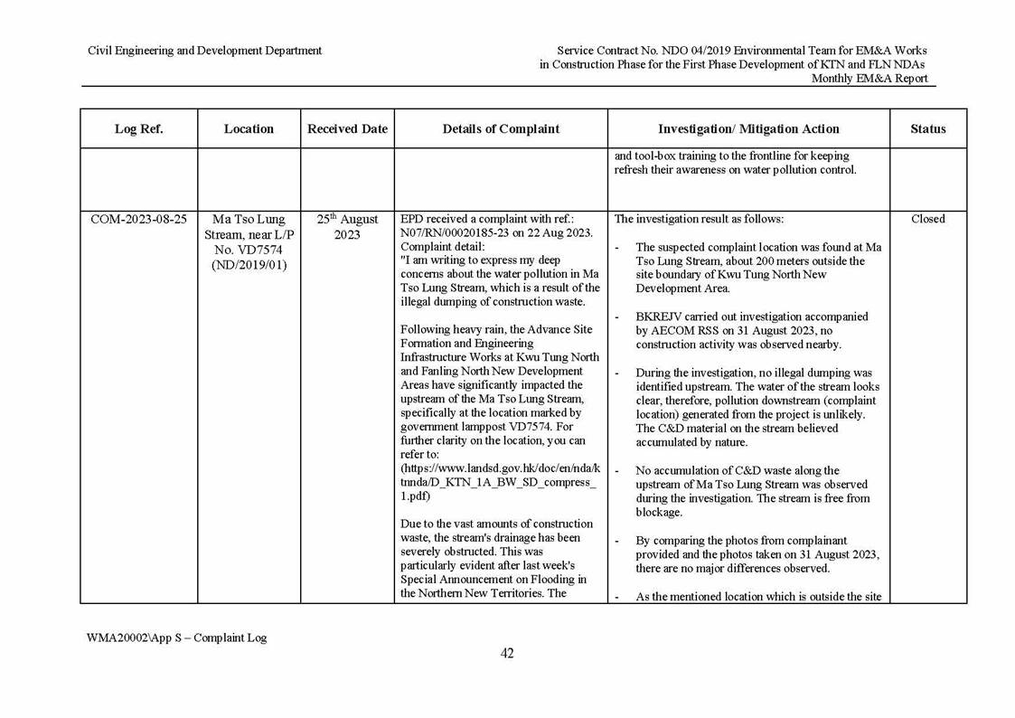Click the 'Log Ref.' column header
click(x=138, y=129)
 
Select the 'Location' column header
click(x=249, y=129)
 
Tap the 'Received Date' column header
click(x=347, y=129)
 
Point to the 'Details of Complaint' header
click(x=501, y=129)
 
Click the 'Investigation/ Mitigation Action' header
click(x=748, y=129)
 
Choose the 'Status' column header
click(x=927, y=129)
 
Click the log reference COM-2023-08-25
click(x=138, y=220)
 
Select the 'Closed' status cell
click(x=927, y=220)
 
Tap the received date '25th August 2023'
click(x=347, y=227)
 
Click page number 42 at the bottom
click(x=507, y=654)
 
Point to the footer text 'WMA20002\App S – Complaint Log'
click(x=176, y=638)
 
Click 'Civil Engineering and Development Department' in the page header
click(x=204, y=51)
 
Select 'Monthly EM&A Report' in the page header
click(x=869, y=79)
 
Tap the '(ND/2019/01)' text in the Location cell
click(x=249, y=266)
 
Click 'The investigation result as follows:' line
click(x=699, y=220)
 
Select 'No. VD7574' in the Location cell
click(x=249, y=250)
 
